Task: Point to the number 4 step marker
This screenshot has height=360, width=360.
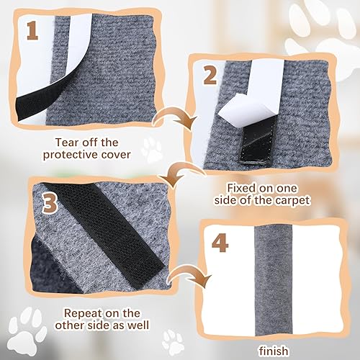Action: click(x=220, y=243)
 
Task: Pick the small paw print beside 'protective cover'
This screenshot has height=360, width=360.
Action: click(x=153, y=149)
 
